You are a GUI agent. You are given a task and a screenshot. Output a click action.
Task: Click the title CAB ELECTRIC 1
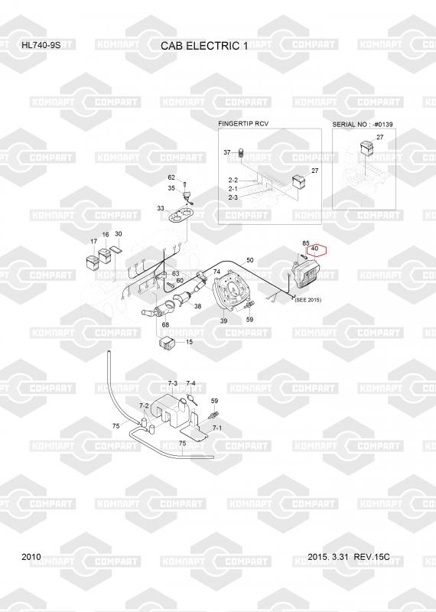204,46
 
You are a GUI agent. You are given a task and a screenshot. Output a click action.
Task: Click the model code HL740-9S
41,44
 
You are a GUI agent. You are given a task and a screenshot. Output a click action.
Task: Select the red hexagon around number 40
315,249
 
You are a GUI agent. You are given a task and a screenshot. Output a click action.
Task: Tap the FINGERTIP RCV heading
243,123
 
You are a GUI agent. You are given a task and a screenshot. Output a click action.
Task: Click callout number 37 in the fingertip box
226,152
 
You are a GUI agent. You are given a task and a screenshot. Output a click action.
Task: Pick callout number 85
306,243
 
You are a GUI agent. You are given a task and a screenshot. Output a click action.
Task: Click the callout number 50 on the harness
250,260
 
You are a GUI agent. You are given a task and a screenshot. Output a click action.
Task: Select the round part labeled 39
231,291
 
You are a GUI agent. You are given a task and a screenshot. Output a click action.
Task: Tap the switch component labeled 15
166,343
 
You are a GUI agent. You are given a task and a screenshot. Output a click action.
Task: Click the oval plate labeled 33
181,215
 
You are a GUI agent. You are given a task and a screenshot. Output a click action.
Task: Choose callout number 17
93,241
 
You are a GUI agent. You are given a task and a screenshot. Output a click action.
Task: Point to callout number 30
119,234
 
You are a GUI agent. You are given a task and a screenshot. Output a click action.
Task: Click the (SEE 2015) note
308,300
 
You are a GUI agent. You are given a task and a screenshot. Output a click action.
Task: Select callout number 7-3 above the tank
173,383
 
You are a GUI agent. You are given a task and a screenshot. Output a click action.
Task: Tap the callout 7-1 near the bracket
217,428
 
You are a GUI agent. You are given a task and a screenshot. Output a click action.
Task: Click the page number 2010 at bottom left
31,557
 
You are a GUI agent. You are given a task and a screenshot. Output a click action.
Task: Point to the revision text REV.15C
371,557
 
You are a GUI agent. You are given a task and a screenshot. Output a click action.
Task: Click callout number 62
171,177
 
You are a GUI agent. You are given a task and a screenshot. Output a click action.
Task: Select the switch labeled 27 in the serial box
366,147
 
